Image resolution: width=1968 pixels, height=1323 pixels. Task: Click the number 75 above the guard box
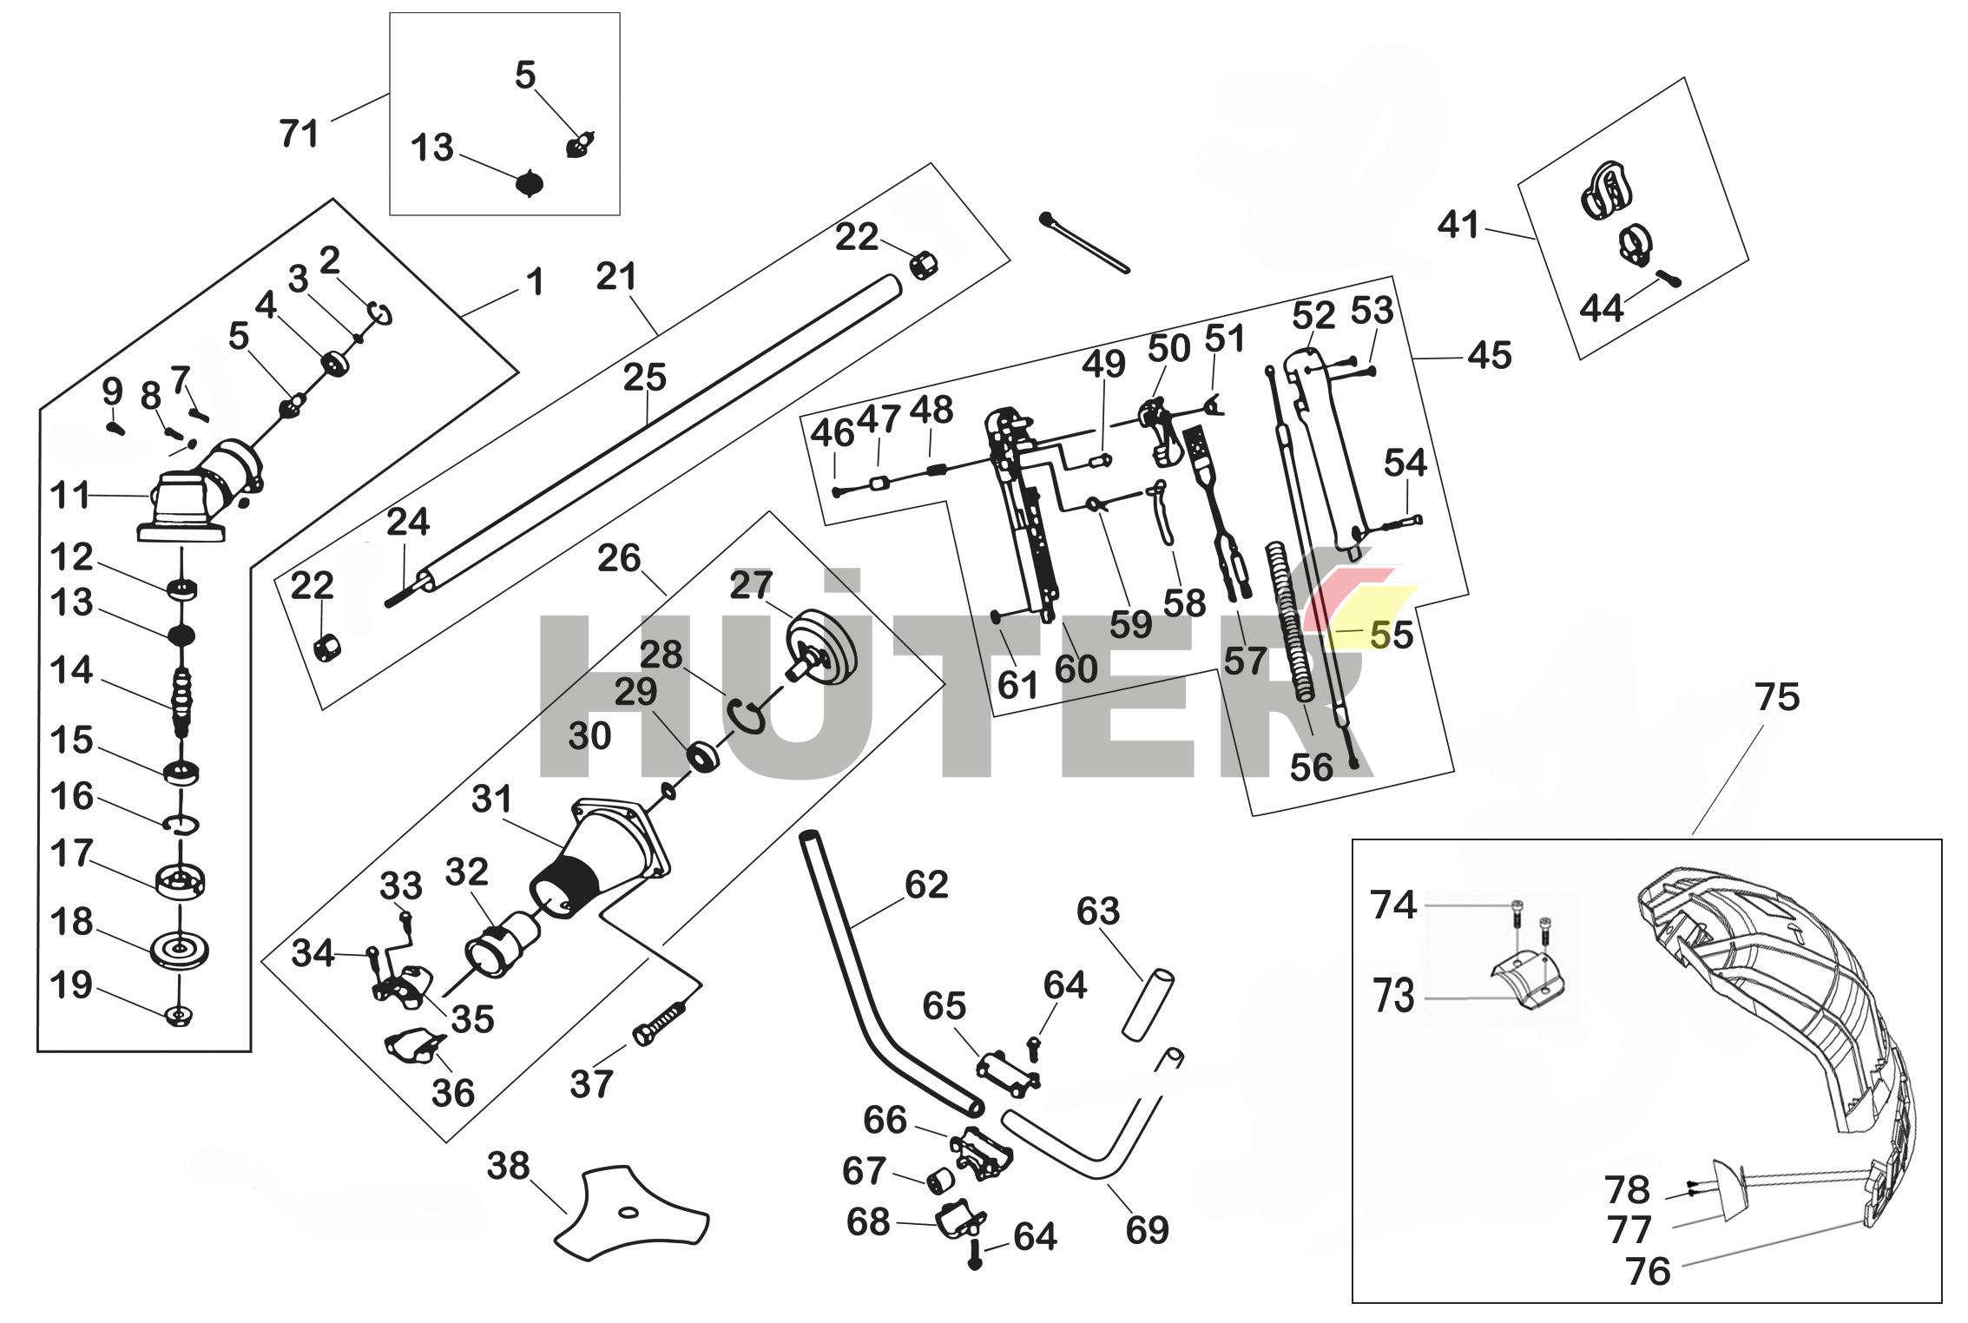pyautogui.click(x=1777, y=697)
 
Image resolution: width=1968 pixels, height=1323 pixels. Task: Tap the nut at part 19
pyautogui.click(x=179, y=1014)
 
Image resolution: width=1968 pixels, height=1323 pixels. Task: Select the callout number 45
pyautogui.click(x=1490, y=355)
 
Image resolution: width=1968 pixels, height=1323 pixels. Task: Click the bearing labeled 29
pyautogui.click(x=703, y=756)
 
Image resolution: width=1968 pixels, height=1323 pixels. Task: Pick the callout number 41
pyautogui.click(x=1458, y=225)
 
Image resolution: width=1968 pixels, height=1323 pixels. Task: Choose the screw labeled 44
pyautogui.click(x=1669, y=279)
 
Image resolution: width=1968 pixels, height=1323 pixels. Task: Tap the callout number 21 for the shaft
pyautogui.click(x=617, y=277)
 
